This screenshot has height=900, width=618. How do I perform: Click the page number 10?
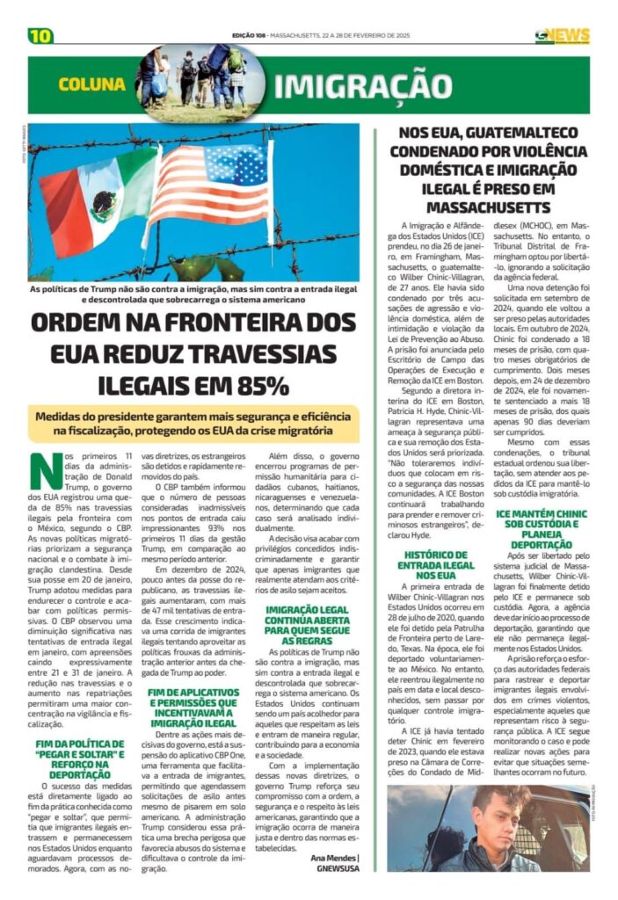coord(40,36)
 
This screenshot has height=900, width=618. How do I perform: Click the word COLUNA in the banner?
coord(92,84)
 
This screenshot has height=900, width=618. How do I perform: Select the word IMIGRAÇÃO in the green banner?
coord(362,86)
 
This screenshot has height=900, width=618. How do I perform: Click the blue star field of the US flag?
coord(236,164)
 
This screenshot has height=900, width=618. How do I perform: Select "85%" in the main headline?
coord(256,384)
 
